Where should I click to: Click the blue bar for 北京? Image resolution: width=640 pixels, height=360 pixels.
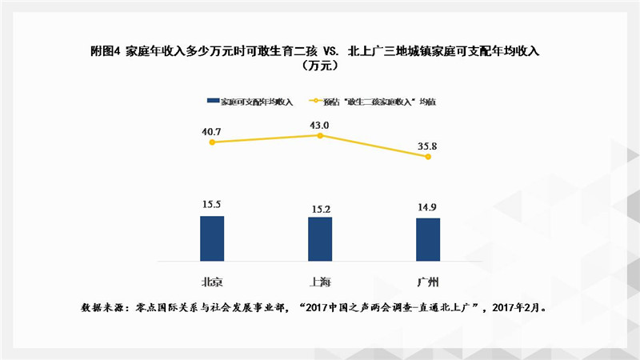pyautogui.click(x=212, y=238)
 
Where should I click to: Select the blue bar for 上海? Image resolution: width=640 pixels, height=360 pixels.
pyautogui.click(x=320, y=238)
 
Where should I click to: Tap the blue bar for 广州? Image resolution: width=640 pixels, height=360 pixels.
pyautogui.click(x=428, y=239)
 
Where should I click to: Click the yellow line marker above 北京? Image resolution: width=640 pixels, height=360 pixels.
pyautogui.click(x=212, y=142)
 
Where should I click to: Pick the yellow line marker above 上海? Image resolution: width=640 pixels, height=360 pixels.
pyautogui.click(x=320, y=136)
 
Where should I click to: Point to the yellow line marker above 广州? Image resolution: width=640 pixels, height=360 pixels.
pyautogui.click(x=428, y=157)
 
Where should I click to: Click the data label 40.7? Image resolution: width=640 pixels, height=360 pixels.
pyautogui.click(x=212, y=129)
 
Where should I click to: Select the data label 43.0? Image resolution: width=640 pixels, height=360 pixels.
pyautogui.click(x=320, y=124)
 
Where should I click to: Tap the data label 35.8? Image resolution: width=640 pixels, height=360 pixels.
pyautogui.click(x=428, y=146)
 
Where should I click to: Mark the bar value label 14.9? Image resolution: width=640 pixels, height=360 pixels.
pyautogui.click(x=428, y=208)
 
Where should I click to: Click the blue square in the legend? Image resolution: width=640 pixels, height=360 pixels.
pyautogui.click(x=213, y=102)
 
